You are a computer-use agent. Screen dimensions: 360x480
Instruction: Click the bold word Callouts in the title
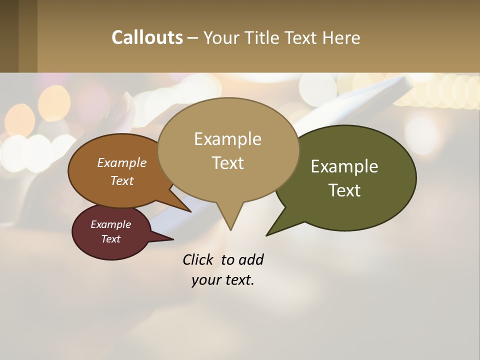(x=147, y=37)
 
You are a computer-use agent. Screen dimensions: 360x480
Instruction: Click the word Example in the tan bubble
(x=227, y=139)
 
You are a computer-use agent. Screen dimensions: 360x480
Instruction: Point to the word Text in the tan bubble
(x=227, y=163)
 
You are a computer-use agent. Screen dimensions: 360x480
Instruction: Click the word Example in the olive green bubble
(x=344, y=166)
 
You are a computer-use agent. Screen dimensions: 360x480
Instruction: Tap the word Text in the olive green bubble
(x=344, y=190)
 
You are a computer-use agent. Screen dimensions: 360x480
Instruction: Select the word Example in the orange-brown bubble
(x=122, y=163)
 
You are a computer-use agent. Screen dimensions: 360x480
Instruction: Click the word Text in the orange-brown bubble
(x=122, y=180)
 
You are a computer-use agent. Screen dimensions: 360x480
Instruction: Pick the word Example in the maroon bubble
(x=110, y=224)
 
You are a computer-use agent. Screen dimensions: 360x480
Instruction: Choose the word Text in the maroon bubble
(x=110, y=239)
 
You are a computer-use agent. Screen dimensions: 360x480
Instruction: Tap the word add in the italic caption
(x=250, y=259)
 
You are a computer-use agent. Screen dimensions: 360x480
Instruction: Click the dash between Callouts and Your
(x=193, y=38)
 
